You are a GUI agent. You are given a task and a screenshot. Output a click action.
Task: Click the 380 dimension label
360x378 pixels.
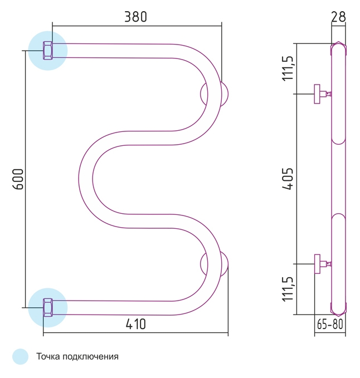pos(135,17)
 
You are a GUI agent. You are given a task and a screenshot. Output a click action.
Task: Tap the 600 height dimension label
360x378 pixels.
pos(18,179)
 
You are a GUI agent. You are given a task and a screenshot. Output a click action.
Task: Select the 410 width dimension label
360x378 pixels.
pos(136,324)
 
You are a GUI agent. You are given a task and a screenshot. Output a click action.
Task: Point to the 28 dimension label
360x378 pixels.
pos(338,17)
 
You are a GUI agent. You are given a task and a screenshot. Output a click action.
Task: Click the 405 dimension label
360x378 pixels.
pos(288,179)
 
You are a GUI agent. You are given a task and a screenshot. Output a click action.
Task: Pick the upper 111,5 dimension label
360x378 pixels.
pos(288,68)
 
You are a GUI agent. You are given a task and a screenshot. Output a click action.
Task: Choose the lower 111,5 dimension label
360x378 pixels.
pos(288,289)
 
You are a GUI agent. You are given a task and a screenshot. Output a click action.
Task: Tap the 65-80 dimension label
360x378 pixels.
pos(330,324)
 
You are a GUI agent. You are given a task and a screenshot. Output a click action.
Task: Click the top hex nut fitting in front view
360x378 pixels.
pos(48,51)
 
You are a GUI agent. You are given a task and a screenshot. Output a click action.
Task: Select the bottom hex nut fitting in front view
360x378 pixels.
pos(48,308)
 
